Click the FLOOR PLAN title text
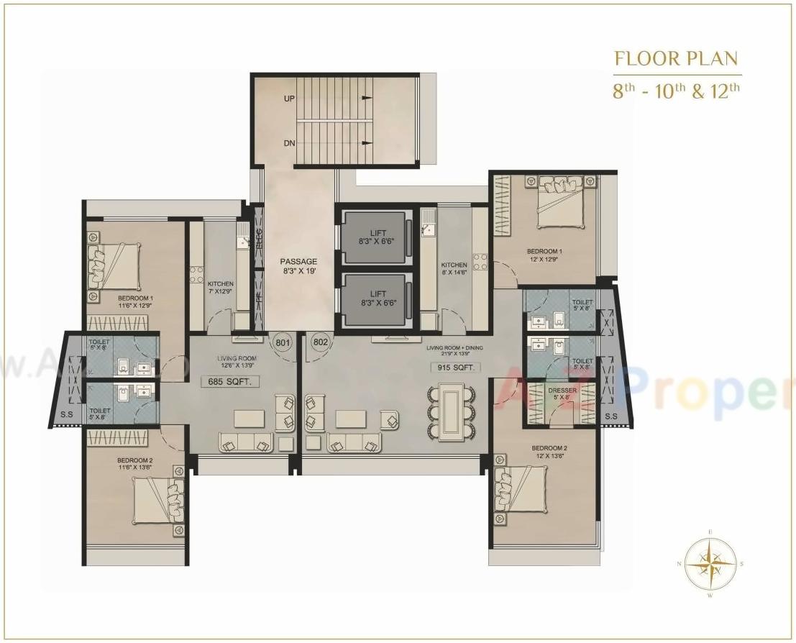click(x=676, y=59)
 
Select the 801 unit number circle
click(x=283, y=343)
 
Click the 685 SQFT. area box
click(x=231, y=382)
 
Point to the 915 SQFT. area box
click(x=455, y=368)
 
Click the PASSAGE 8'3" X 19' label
click(x=298, y=266)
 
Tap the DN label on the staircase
click(x=289, y=143)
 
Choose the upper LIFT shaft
click(x=378, y=235)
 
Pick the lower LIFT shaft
click(x=378, y=298)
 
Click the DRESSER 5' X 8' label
click(x=563, y=393)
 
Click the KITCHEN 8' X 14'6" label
click(x=454, y=269)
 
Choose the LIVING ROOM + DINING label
click(x=454, y=351)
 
